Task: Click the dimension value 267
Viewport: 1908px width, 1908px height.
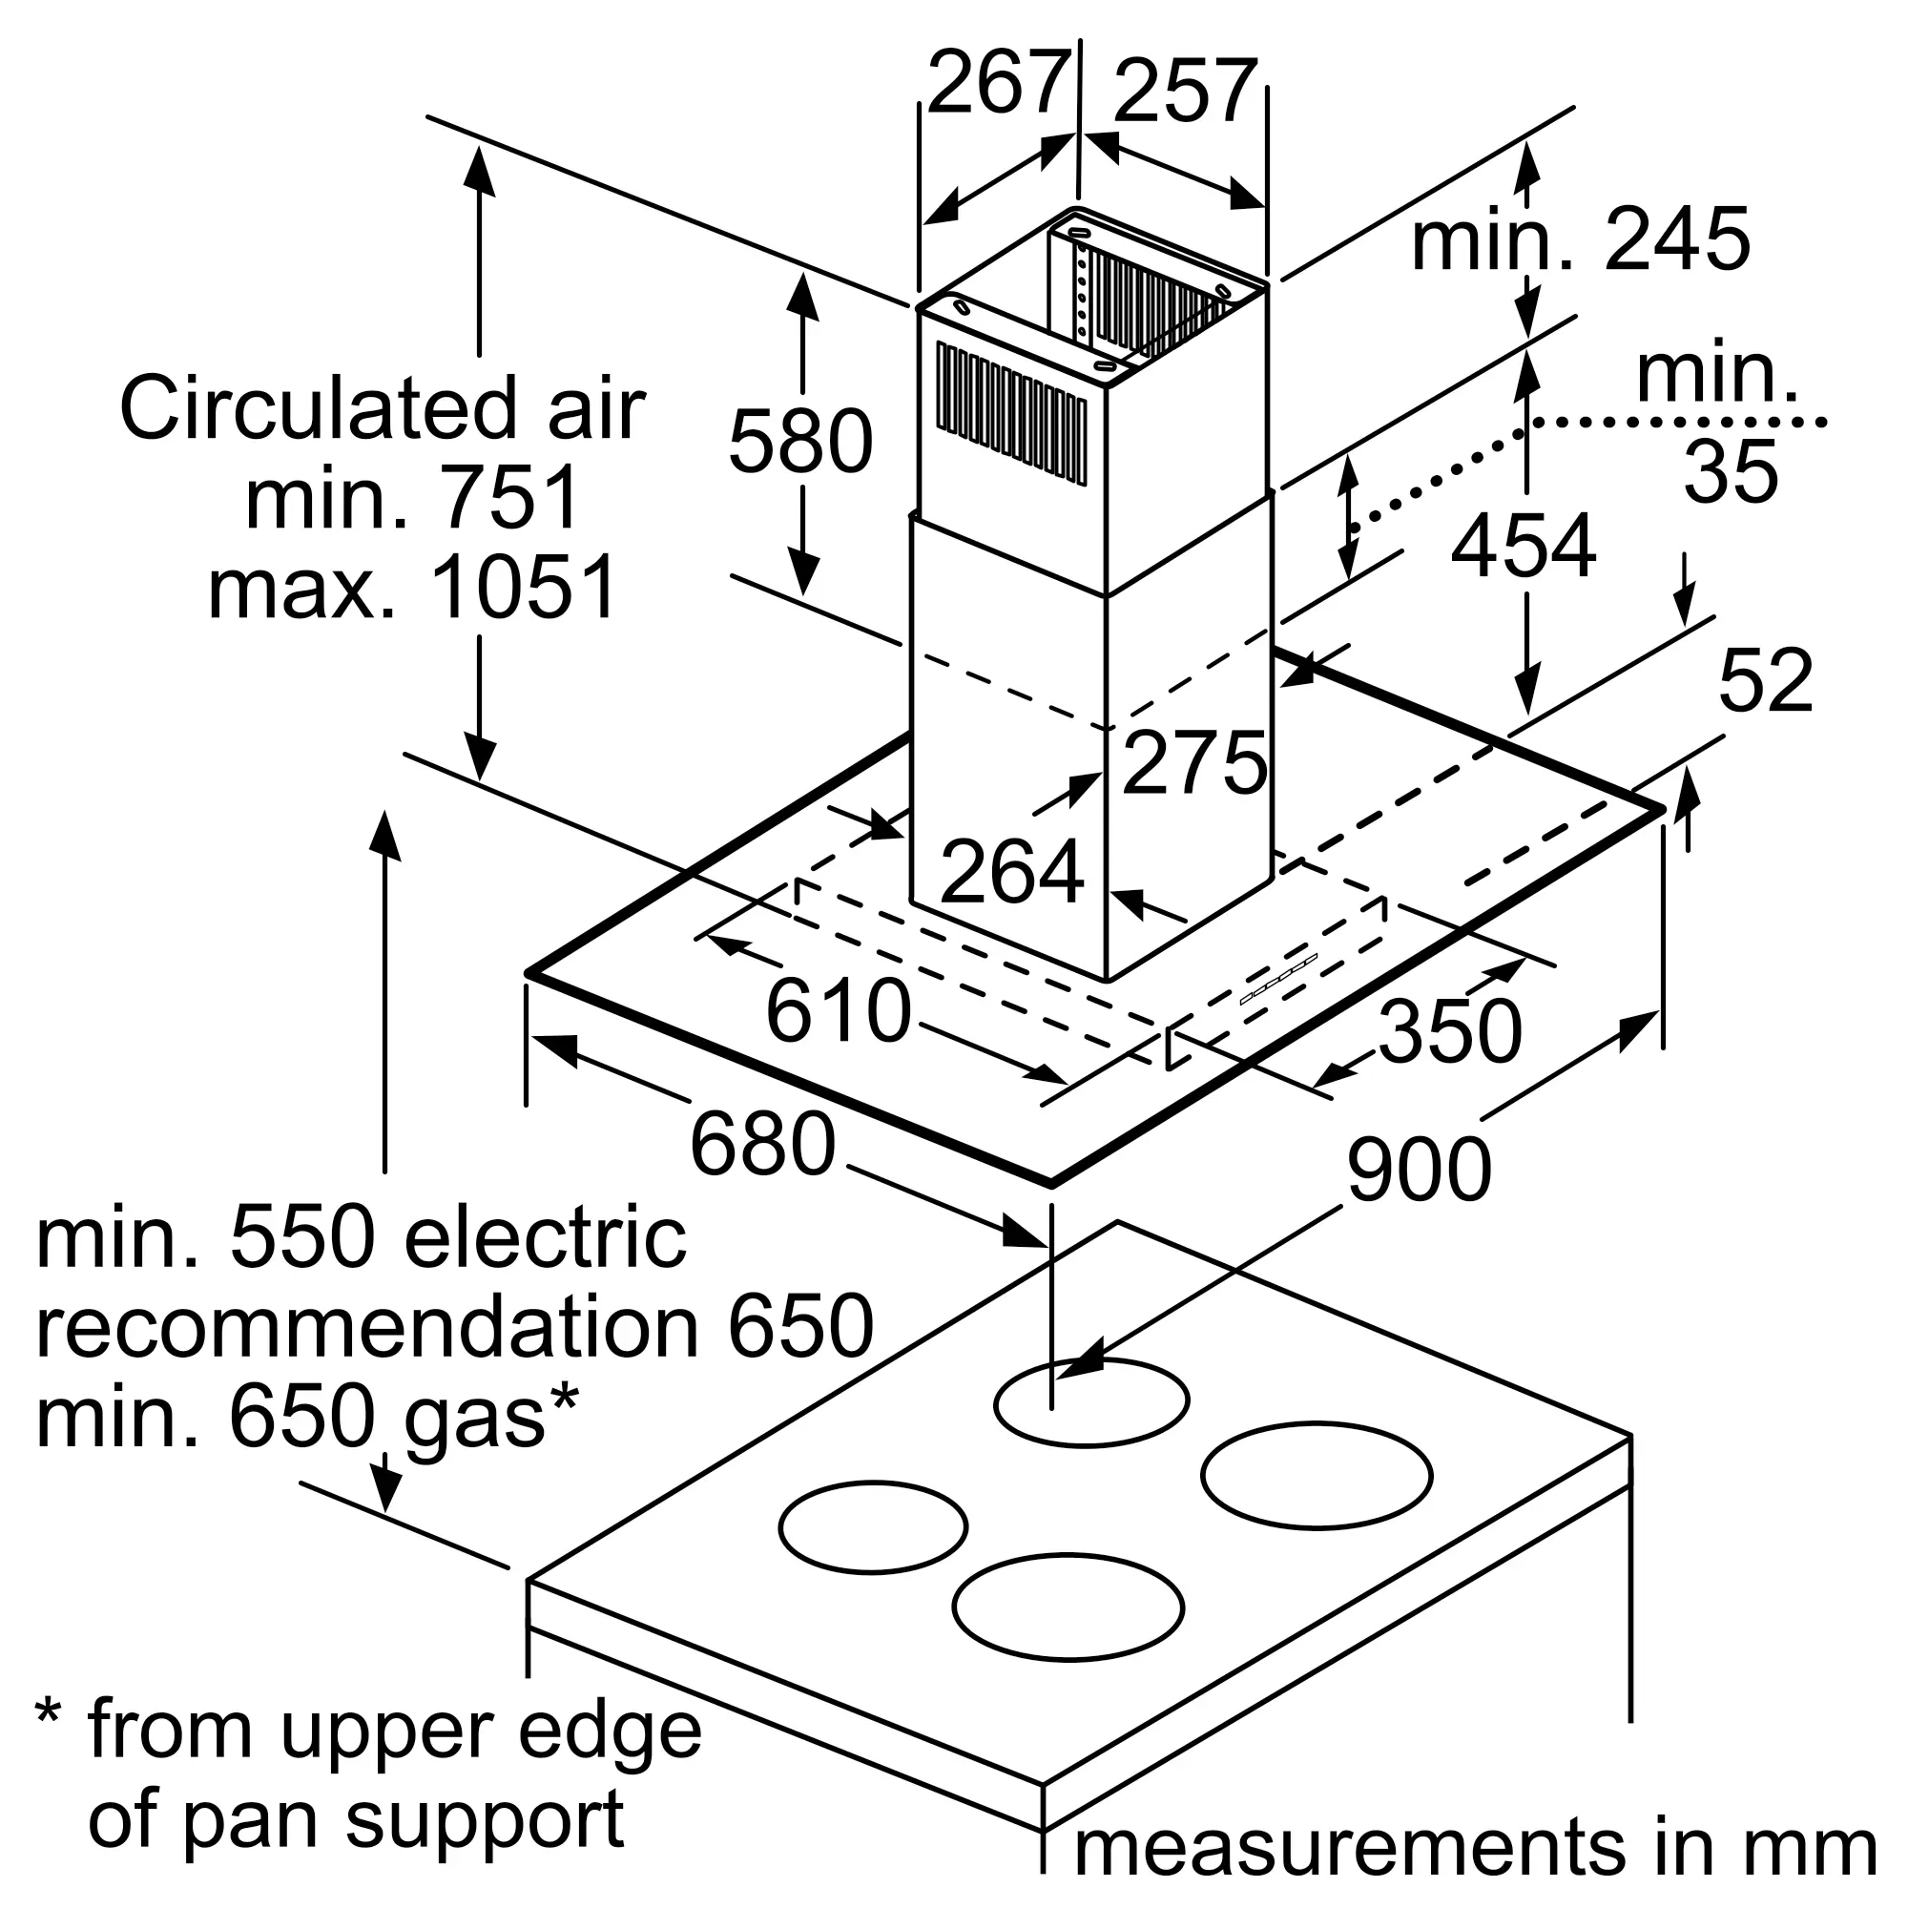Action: (x=999, y=83)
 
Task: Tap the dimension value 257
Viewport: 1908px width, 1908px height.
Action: (x=1185, y=92)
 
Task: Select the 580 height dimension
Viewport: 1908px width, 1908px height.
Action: (x=801, y=442)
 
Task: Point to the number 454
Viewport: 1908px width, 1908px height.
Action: (x=1523, y=545)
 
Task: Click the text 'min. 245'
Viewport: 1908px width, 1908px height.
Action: (x=1581, y=239)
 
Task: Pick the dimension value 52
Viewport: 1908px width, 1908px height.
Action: (x=1766, y=680)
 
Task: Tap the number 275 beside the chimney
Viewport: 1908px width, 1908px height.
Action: (x=1195, y=762)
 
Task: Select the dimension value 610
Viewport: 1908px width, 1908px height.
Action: (x=839, y=1011)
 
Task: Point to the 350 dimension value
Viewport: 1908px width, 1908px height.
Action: (x=1450, y=1031)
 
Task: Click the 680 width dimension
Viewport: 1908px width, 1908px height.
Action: (x=762, y=1145)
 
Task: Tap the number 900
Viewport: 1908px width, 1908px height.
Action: (x=1420, y=1170)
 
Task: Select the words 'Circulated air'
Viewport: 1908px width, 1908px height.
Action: (x=383, y=408)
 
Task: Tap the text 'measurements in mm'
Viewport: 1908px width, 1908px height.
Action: (x=1476, y=1848)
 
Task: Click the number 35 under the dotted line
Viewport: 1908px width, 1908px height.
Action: (x=1731, y=471)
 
